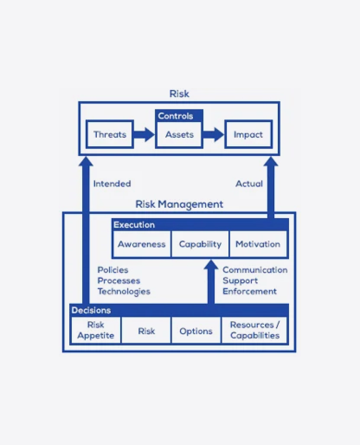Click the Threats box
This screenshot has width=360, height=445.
[109, 134]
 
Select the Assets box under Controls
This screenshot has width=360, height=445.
[179, 135]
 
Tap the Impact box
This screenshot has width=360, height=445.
[248, 135]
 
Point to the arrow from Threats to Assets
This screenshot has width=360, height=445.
[143, 134]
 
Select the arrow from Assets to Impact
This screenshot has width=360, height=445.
[213, 134]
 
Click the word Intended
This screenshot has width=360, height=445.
[112, 184]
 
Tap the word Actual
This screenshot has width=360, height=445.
[249, 184]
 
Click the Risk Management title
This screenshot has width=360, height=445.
[179, 204]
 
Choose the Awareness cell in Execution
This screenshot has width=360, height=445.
[141, 244]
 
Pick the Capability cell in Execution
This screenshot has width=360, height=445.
[200, 244]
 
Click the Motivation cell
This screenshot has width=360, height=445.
[257, 244]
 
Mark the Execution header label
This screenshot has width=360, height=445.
[134, 225]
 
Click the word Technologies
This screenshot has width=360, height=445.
[124, 291]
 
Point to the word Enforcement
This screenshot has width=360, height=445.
[249, 291]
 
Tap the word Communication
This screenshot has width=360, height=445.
[254, 270]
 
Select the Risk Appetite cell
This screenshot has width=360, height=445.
[96, 330]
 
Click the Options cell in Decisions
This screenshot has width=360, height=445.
[196, 331]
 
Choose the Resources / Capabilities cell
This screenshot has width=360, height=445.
[254, 330]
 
